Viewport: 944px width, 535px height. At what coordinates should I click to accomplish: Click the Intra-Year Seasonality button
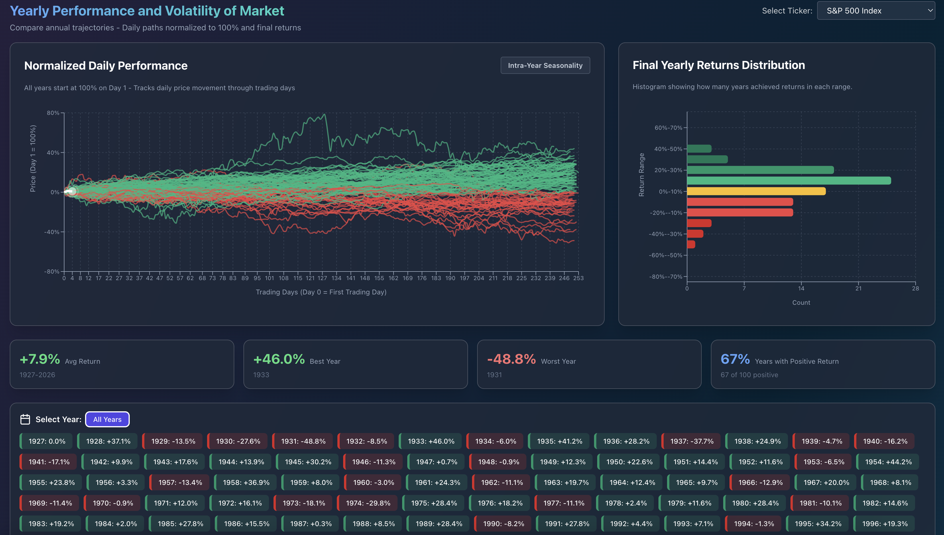pos(545,65)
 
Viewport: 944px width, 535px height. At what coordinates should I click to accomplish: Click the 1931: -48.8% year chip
pos(303,441)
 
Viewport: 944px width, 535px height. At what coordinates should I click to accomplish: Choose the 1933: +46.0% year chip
pos(431,441)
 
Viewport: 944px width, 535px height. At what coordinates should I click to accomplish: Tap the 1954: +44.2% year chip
pos(888,461)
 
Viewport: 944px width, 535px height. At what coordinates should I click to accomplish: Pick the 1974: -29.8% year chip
pos(367,503)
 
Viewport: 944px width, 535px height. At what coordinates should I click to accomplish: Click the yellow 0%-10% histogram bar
pos(756,191)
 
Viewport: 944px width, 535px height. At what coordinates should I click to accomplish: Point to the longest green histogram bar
pos(788,180)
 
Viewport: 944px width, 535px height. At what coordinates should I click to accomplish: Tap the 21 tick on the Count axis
pos(858,288)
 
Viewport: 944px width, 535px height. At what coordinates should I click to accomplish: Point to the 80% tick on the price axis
pos(53,113)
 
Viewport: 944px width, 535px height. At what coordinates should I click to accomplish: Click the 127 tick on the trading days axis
pos(322,278)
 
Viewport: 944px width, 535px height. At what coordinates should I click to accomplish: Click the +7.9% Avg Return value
pos(40,359)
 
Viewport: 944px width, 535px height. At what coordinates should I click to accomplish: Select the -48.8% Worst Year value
pos(511,359)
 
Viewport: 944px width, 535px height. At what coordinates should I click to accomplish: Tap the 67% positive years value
pos(735,359)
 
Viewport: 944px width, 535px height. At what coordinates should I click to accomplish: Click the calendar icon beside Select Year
pos(25,419)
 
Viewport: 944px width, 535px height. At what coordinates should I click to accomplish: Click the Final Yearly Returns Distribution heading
pos(718,65)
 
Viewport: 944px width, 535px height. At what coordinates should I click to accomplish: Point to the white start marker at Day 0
pos(72,191)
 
